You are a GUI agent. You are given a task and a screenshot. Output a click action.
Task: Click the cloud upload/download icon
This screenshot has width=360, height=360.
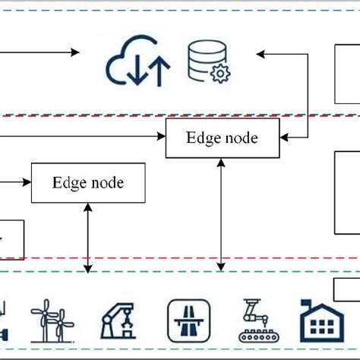[137, 65]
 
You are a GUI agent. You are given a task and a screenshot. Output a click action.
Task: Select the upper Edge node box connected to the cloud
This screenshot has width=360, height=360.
[222, 138]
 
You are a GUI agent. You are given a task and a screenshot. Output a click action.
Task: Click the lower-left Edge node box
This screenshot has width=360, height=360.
[88, 183]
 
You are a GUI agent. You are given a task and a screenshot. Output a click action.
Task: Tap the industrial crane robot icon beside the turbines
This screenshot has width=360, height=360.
[118, 320]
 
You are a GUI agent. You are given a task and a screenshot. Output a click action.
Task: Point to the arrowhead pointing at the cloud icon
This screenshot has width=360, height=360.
[75, 52]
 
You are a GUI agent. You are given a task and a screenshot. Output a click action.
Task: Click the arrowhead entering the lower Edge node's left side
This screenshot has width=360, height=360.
[27, 183]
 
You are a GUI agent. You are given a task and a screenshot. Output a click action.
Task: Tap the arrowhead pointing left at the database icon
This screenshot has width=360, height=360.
[261, 54]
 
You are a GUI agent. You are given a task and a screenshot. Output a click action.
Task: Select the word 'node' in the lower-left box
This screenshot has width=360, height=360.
[107, 183]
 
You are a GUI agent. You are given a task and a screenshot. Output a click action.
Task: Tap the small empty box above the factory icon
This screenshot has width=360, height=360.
[346, 289]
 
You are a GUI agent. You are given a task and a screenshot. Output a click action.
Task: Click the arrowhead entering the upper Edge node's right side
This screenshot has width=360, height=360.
[283, 138]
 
